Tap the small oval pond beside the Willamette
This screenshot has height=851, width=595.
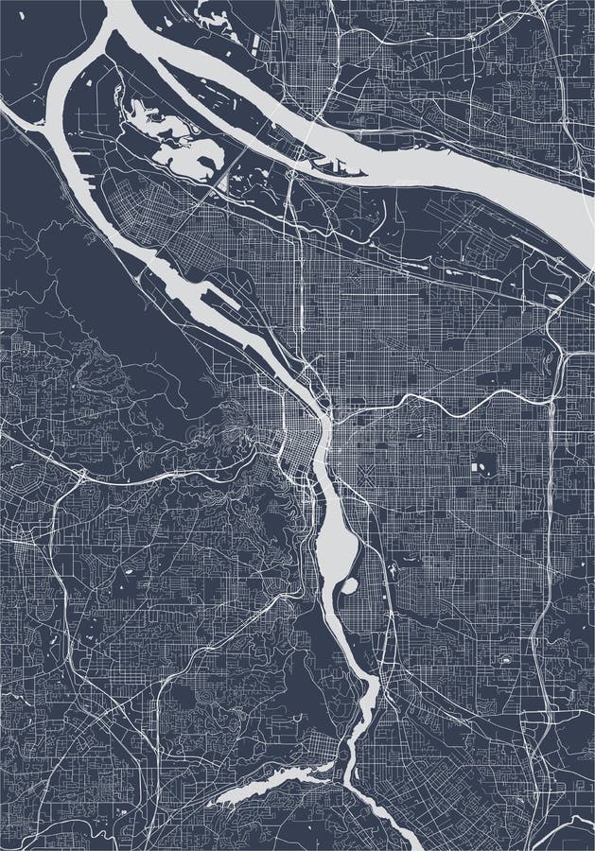pyautogui.click(x=348, y=586)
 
